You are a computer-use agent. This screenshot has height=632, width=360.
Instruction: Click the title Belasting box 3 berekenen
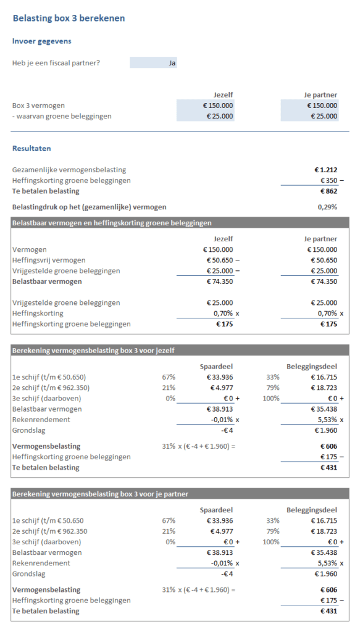69,19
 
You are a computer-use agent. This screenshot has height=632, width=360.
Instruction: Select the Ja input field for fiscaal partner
153,63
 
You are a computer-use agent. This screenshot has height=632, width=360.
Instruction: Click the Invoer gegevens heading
41,41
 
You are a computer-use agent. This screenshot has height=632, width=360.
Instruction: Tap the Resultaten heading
31,149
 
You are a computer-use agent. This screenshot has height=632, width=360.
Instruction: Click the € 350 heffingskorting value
327,180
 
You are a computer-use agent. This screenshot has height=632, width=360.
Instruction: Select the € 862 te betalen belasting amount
328,191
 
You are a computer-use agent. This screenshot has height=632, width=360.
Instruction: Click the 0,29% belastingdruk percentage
327,207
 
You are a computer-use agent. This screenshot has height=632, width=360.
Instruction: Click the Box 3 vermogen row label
38,106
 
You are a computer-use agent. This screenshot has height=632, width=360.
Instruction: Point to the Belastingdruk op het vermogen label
89,207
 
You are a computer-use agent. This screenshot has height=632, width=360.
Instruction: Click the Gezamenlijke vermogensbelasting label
69,170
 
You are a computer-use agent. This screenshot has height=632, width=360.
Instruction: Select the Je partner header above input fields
321,94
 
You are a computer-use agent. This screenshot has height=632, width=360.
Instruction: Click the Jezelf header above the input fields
223,94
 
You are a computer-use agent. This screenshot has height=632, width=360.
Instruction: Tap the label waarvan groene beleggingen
62,116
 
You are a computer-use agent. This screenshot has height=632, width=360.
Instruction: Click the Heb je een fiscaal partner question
56,63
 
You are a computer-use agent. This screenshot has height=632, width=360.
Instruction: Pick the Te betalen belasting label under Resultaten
46,191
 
